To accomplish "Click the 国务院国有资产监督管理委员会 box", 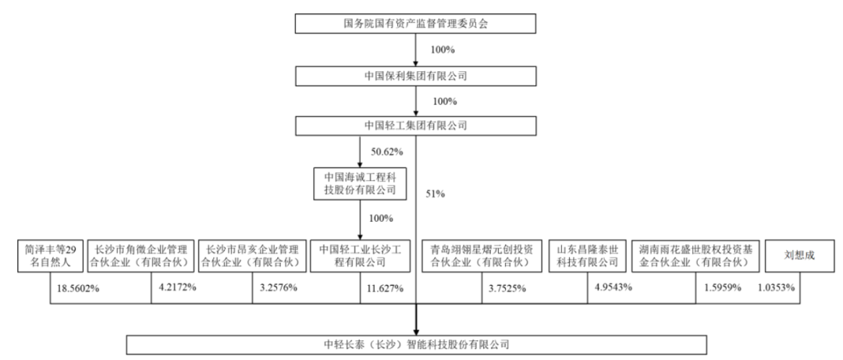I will coord(415,23).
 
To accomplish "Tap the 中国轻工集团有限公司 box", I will coord(415,125).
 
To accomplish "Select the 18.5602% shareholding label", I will coord(78,288).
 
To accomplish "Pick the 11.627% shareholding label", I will coord(382,288).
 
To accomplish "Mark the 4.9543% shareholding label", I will coord(614,287).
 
